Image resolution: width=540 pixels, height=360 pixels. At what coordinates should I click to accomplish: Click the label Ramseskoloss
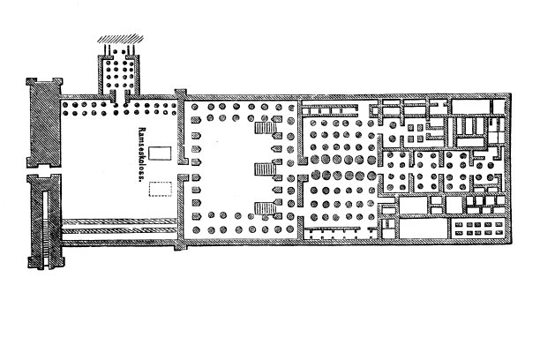point(140,154)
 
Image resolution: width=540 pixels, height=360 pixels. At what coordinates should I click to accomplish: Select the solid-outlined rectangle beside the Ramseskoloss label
point(160,154)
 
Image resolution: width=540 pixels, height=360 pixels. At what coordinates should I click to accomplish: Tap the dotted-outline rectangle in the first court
point(160,189)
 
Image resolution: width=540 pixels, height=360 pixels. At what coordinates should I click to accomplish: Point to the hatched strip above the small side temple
point(120,39)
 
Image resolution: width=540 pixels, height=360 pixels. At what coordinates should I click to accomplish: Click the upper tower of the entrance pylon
point(45,123)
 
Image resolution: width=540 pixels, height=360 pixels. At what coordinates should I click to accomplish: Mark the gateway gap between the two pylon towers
point(44,171)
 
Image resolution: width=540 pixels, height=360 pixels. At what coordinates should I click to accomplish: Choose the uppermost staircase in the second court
point(266,128)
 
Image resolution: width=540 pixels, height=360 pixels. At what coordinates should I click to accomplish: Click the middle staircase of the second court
point(265,169)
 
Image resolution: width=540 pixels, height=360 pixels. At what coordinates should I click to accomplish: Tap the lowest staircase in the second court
point(266,208)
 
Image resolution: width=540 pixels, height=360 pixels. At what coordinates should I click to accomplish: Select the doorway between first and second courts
point(182,169)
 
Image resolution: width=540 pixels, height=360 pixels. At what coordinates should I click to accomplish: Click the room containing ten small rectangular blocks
point(479,229)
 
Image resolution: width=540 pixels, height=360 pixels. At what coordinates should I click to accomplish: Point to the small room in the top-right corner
point(499,106)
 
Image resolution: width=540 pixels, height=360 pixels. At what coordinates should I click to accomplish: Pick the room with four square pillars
point(415,133)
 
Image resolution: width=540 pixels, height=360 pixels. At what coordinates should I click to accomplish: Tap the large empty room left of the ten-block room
point(424,229)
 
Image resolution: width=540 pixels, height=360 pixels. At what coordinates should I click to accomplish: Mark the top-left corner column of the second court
point(195,107)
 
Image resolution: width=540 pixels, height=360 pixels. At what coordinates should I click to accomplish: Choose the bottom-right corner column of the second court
point(290,229)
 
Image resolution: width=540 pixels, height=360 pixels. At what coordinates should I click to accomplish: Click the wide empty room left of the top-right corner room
point(470,107)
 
